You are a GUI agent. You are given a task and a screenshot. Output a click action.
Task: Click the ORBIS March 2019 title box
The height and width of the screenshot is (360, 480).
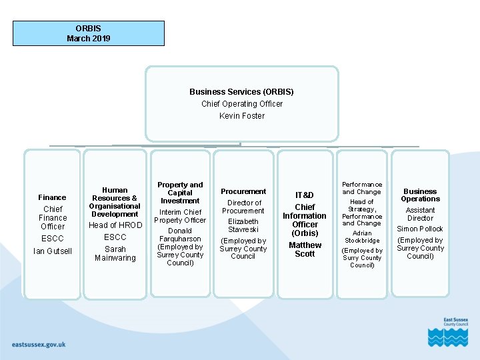click(x=89, y=33)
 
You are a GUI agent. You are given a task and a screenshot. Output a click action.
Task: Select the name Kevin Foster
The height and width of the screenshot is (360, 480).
click(x=242, y=116)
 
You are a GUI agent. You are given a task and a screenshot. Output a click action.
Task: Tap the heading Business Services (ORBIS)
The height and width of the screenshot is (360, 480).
click(x=241, y=92)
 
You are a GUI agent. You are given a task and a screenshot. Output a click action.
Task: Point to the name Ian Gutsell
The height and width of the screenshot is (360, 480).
click(x=53, y=251)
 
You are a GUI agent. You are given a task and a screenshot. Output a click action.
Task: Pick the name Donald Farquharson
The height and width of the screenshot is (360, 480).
click(x=180, y=235)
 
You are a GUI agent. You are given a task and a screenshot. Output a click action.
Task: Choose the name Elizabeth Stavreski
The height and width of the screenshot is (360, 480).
click(x=243, y=225)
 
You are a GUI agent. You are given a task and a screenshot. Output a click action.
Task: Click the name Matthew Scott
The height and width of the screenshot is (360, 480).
click(x=305, y=249)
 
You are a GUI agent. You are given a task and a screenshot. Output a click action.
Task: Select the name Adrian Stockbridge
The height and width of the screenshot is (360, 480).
click(x=362, y=237)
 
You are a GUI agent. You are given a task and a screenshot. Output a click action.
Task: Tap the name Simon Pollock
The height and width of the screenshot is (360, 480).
click(x=420, y=229)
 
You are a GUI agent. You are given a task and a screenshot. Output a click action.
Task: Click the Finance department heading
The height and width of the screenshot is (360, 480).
click(x=52, y=197)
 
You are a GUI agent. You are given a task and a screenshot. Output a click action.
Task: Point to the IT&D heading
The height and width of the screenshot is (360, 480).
click(x=305, y=195)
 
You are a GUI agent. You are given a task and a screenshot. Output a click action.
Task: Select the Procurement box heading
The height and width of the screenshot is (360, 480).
click(x=243, y=191)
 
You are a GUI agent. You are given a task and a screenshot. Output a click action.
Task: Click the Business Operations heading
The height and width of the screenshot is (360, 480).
click(x=420, y=195)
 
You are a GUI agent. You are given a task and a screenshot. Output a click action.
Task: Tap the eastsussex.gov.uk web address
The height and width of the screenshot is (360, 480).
click(x=39, y=345)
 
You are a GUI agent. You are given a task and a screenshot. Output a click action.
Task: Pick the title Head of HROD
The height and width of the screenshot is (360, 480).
click(x=115, y=225)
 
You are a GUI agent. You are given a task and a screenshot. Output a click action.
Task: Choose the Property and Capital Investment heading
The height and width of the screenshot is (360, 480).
click(x=180, y=193)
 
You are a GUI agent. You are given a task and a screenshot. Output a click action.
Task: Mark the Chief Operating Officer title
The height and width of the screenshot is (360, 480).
click(x=242, y=104)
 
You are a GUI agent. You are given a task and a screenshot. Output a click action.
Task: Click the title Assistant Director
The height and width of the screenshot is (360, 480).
click(x=420, y=214)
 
